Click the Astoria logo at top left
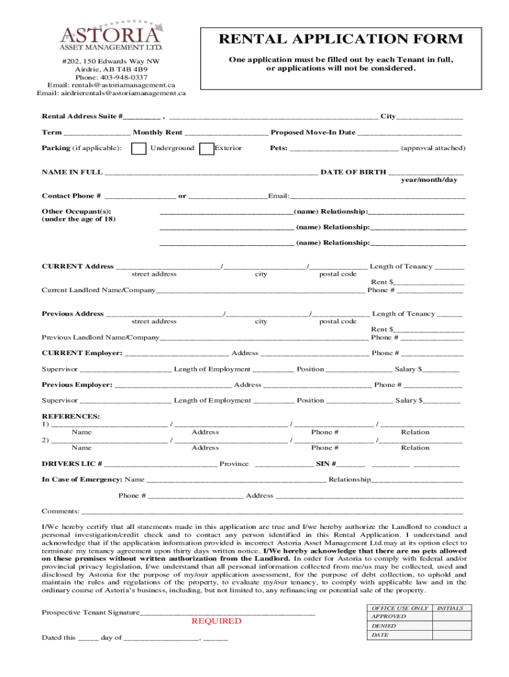point(110,36)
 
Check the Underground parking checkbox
point(139,149)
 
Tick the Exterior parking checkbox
point(206,149)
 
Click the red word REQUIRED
point(216,621)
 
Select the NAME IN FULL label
point(72,172)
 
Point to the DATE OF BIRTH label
point(353,172)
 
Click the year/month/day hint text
point(428,180)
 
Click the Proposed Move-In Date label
point(313,132)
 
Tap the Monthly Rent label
point(157,132)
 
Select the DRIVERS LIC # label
point(72,463)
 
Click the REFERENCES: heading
point(71,416)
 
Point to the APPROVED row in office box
point(389,616)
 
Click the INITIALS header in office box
point(450,608)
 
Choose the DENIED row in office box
point(384,625)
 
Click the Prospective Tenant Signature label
point(91,612)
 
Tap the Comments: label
point(61,511)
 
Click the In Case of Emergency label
point(82,479)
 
